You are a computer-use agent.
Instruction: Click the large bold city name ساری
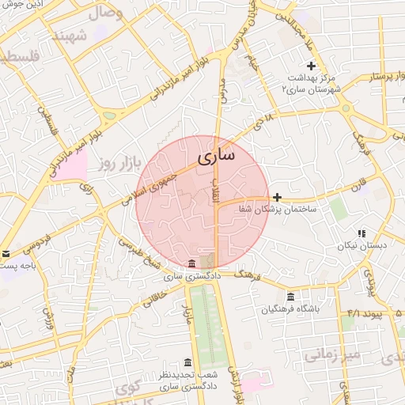pyautogui.click(x=215, y=155)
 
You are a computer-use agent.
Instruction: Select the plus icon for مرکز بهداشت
pyautogui.click(x=311, y=66)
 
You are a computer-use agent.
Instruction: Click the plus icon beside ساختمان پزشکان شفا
pyautogui.click(x=277, y=197)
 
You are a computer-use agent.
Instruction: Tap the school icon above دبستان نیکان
pyautogui.click(x=361, y=233)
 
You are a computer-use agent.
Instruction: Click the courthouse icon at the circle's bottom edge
pyautogui.click(x=192, y=263)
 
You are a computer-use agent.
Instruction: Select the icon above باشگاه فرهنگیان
pyautogui.click(x=290, y=296)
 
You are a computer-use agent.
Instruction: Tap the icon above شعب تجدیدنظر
pyautogui.click(x=187, y=361)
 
